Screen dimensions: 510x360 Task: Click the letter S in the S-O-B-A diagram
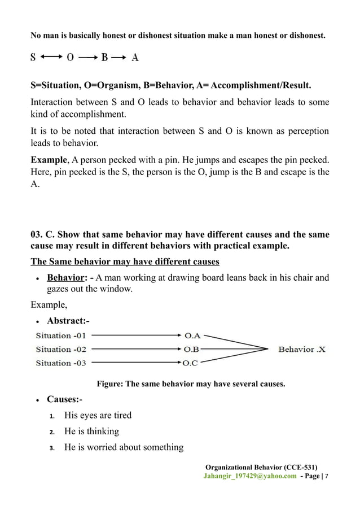point(33,57)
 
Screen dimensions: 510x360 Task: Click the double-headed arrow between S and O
point(51,57)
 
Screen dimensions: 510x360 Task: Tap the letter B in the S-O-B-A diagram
point(104,57)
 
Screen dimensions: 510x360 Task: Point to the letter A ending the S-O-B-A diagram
point(135,57)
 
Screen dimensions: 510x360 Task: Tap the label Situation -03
point(61,363)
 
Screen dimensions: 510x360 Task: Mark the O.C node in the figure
point(191,363)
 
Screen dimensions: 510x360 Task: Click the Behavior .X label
point(302,350)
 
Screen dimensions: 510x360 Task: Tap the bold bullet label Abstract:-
point(68,321)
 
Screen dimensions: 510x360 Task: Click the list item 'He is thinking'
point(91,431)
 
